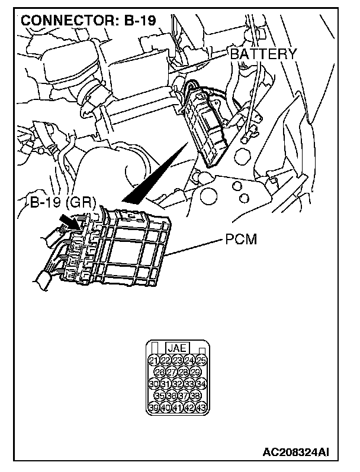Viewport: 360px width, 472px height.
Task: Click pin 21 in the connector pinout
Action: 153,360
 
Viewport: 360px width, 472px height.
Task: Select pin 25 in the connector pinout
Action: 202,360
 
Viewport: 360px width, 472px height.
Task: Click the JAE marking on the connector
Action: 177,349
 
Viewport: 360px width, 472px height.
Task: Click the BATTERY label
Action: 263,54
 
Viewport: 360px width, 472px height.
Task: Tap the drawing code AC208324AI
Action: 295,452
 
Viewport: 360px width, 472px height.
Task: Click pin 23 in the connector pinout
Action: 178,360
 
